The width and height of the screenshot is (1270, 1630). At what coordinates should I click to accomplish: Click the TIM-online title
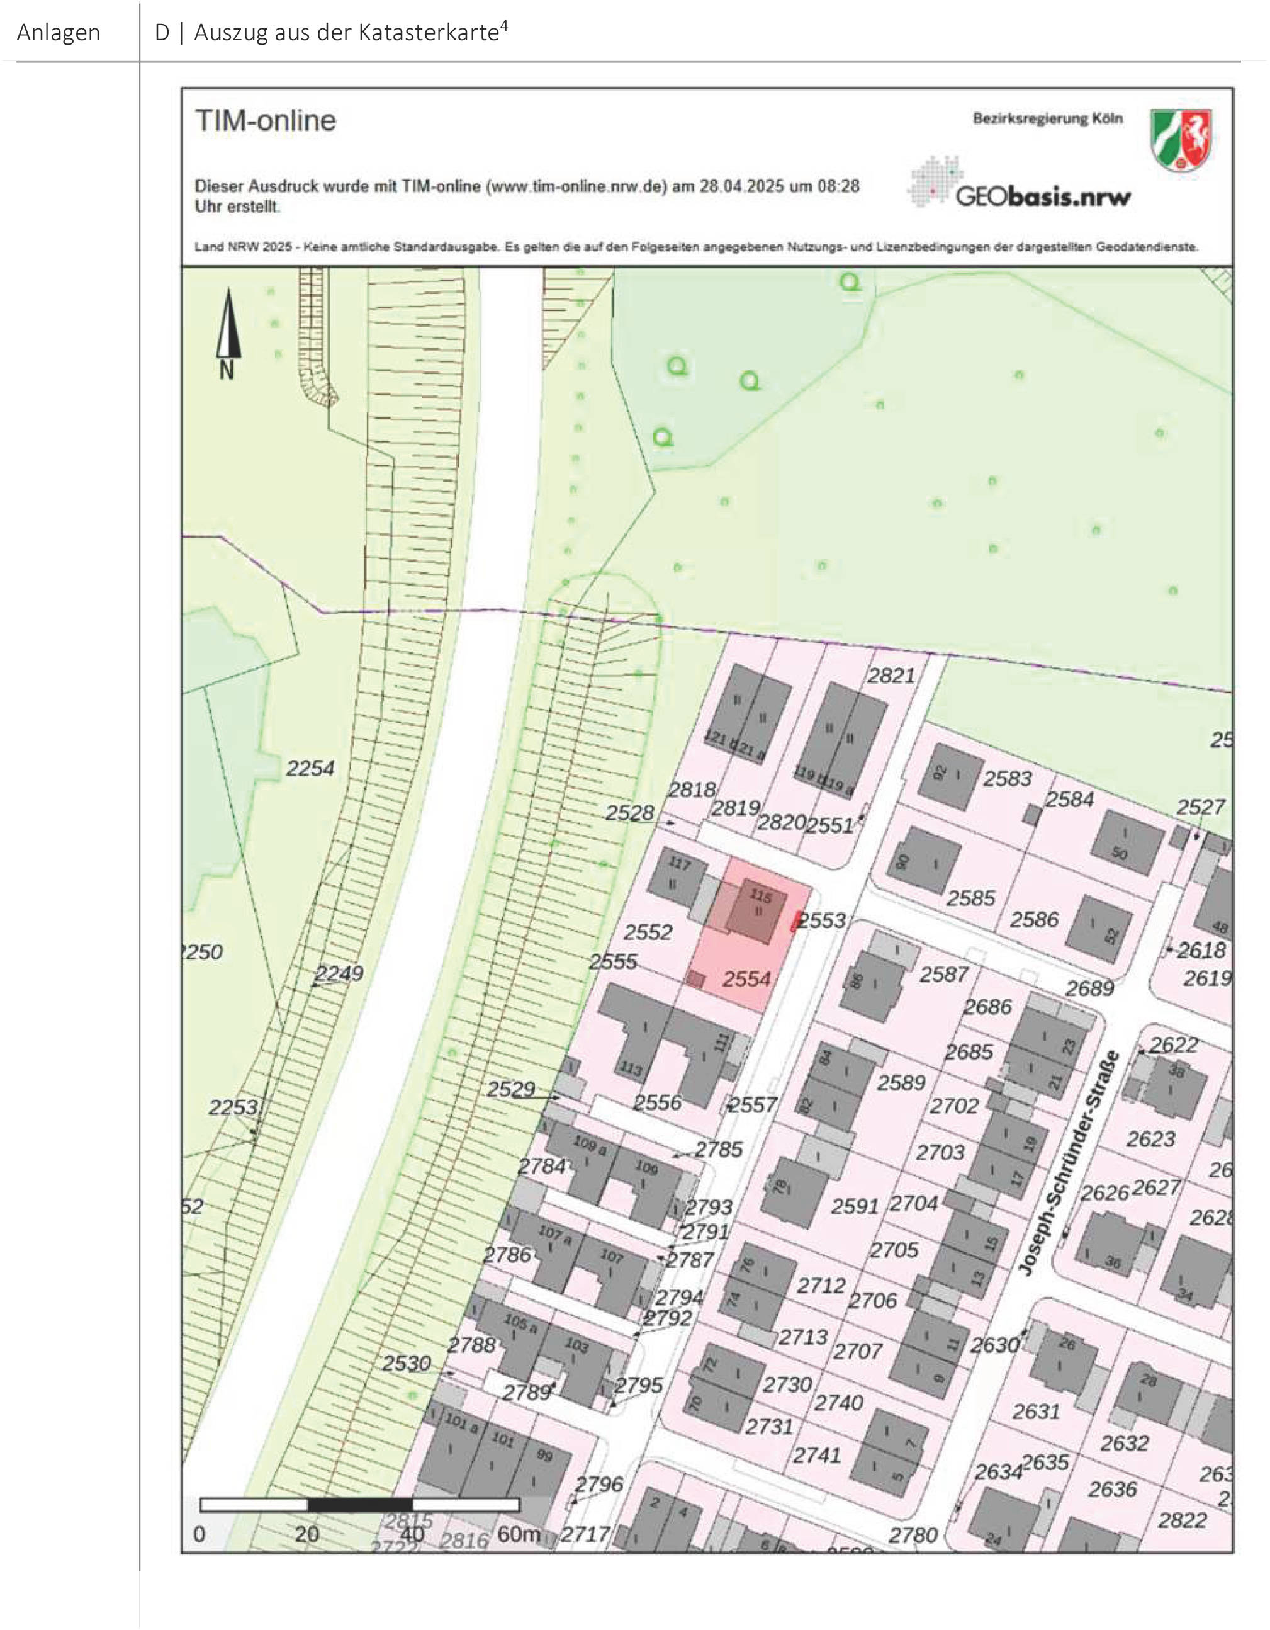point(266,120)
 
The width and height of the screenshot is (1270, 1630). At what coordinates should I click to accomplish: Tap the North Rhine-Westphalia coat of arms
point(1181,140)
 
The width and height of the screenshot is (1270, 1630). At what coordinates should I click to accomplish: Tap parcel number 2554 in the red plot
point(746,979)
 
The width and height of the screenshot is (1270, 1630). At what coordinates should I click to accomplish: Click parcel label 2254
point(310,768)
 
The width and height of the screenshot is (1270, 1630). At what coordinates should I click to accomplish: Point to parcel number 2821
point(891,676)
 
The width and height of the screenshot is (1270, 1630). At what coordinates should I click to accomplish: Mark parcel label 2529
point(511,1089)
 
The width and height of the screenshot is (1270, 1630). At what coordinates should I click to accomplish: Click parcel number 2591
point(855,1206)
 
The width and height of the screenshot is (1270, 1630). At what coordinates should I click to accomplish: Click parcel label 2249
point(339,973)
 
